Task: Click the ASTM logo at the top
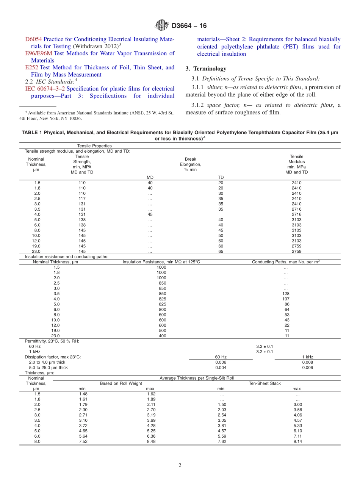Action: pos(162,26)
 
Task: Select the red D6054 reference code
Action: pos(33,39)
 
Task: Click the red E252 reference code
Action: pos(31,67)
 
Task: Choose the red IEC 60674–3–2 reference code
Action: pos(45,89)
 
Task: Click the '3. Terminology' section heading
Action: pos(205,69)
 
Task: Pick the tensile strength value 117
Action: pos(82,199)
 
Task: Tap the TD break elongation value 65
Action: pos(221,251)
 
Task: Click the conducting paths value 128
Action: pos(286,294)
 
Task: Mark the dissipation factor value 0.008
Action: pos(307,362)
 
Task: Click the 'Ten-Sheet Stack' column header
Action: pos(265,383)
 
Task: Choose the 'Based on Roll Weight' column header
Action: pos(121,383)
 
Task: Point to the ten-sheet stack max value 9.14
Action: pos(297,441)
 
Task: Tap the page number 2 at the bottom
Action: pos(180,466)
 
